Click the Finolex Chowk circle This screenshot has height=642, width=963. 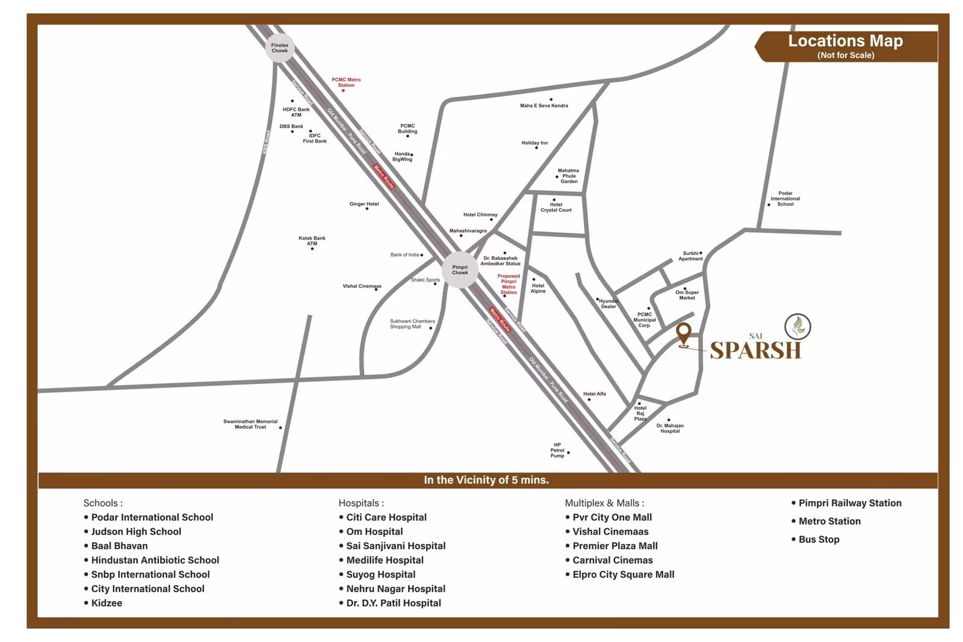[x=280, y=48]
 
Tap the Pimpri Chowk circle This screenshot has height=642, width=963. [x=460, y=270]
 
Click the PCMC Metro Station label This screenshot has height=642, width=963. [x=346, y=82]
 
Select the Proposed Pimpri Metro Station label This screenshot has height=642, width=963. [x=509, y=284]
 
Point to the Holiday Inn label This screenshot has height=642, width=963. [x=534, y=143]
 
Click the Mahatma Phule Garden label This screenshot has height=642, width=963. [x=568, y=176]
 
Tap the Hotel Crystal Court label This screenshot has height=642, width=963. [x=556, y=208]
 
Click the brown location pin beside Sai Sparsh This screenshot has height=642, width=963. [x=683, y=333]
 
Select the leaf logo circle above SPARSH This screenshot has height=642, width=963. [x=797, y=327]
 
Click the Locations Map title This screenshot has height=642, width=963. [x=845, y=41]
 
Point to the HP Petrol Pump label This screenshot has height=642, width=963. [x=557, y=451]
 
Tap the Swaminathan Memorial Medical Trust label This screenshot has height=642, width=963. [x=250, y=424]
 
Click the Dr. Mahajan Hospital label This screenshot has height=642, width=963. [x=670, y=428]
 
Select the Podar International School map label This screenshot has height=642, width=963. [x=785, y=199]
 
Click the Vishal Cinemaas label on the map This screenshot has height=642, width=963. [x=362, y=286]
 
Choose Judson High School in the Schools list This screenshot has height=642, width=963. [x=136, y=531]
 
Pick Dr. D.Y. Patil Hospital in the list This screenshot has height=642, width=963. [x=394, y=603]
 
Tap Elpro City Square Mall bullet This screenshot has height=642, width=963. [x=623, y=575]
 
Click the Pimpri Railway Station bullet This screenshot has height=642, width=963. [x=849, y=503]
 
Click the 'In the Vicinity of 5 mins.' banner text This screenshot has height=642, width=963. [x=486, y=480]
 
